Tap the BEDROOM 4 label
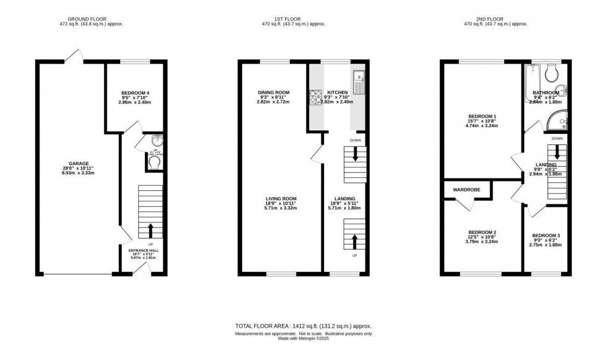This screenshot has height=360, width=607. [x=134, y=93]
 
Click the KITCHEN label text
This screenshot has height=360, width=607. [x=338, y=93]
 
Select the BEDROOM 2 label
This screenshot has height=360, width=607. [x=481, y=232]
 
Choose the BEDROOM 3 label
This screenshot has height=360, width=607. [x=545, y=235]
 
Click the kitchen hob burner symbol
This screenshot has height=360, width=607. [x=314, y=95]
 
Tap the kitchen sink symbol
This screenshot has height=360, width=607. [x=358, y=79]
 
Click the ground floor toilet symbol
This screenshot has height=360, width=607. [x=154, y=161]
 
